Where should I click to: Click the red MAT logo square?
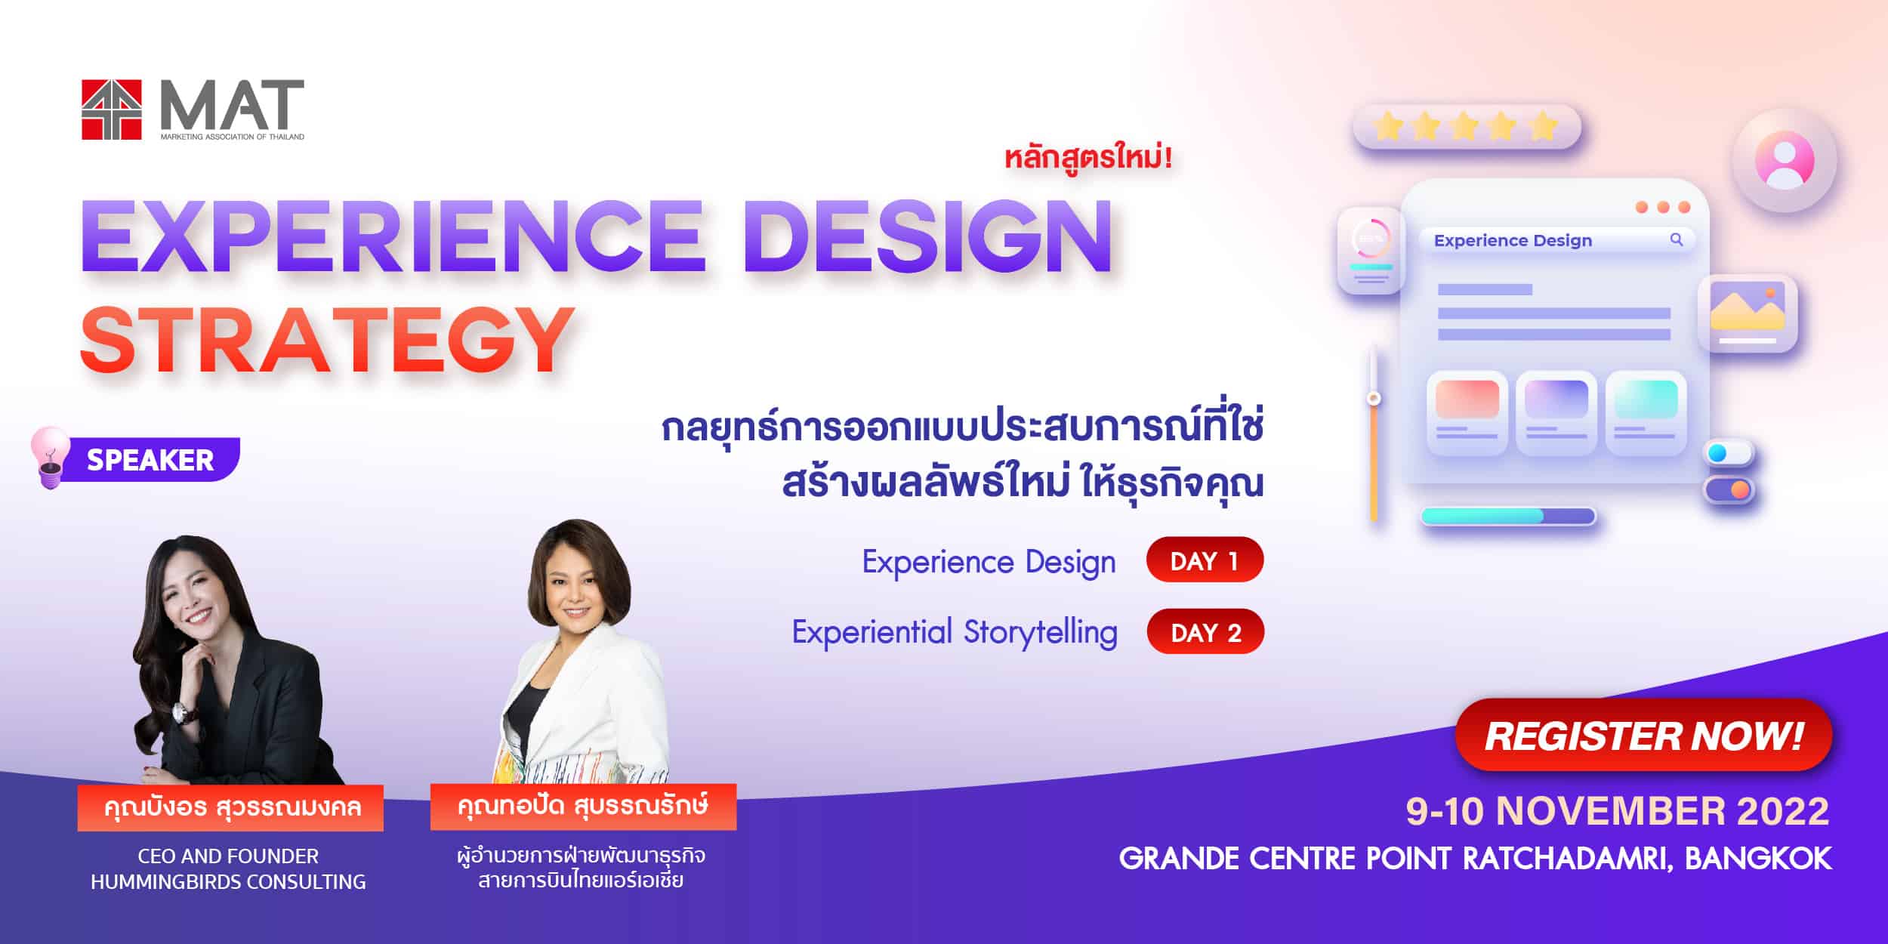click(112, 110)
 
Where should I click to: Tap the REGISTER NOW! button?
click(1643, 735)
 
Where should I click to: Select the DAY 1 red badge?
click(1205, 560)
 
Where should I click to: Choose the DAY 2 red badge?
click(1205, 631)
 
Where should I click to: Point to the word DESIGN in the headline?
click(931, 236)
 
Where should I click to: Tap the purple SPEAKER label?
click(151, 459)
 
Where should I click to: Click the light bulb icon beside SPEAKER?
click(49, 457)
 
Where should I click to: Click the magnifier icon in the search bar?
click(1677, 240)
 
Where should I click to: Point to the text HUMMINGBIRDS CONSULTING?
click(228, 881)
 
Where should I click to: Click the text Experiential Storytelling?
click(955, 633)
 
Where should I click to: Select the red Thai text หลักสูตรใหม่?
click(1087, 159)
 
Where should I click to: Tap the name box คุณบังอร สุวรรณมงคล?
click(230, 807)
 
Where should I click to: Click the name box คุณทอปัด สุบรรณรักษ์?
click(583, 807)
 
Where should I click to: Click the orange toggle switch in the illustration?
click(1729, 490)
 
